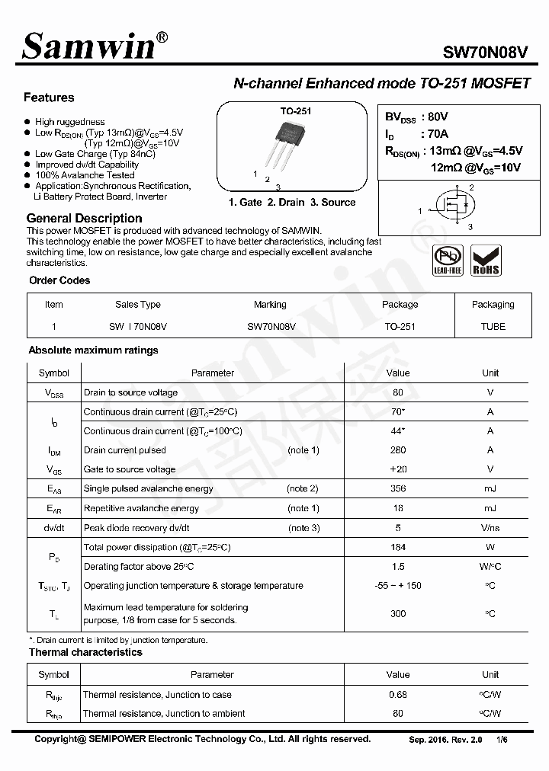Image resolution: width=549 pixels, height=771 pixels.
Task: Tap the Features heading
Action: pyautogui.click(x=49, y=98)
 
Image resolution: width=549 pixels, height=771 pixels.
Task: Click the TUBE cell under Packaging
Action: pyautogui.click(x=493, y=326)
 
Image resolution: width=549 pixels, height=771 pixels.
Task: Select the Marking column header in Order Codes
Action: pyautogui.click(x=270, y=305)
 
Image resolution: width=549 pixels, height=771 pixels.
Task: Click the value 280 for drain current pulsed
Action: pyautogui.click(x=398, y=450)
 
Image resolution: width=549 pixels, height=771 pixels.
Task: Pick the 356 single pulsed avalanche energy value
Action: pyautogui.click(x=398, y=488)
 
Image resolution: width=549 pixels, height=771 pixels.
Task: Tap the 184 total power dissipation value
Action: pyautogui.click(x=398, y=547)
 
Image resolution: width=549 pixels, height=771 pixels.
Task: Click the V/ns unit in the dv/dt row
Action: pyautogui.click(x=490, y=528)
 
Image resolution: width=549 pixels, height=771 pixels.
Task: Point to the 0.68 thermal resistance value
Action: pyautogui.click(x=398, y=695)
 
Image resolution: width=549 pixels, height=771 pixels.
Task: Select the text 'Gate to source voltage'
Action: pyautogui.click(x=130, y=469)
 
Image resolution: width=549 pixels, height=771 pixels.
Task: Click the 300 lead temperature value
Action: pyautogui.click(x=398, y=613)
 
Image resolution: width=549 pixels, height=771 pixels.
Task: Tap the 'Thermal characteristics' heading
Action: pyautogui.click(x=85, y=652)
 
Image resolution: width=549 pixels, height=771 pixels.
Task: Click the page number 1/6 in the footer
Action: pyautogui.click(x=501, y=740)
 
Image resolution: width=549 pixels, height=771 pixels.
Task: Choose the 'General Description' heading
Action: pyautogui.click(x=84, y=219)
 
